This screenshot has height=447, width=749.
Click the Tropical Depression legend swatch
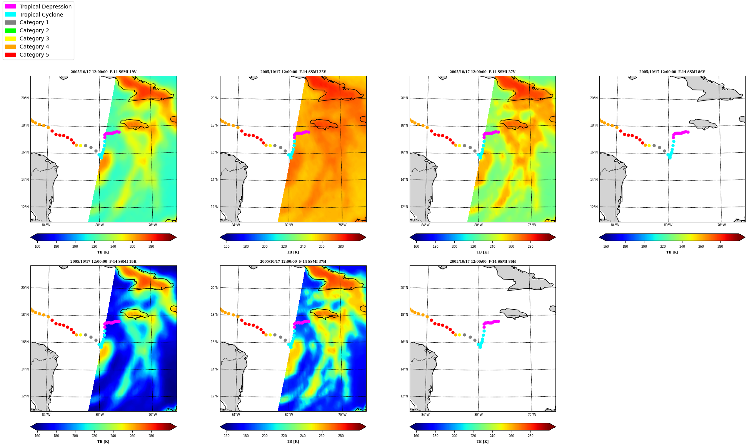pyautogui.click(x=10, y=7)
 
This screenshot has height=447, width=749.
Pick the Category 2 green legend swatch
pyautogui.click(x=10, y=30)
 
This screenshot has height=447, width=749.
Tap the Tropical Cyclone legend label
pyautogui.click(x=41, y=15)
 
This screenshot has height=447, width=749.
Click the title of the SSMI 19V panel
pyautogui.click(x=103, y=72)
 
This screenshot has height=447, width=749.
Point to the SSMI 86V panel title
pyautogui.click(x=672, y=72)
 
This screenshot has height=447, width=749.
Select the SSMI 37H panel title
pyautogui.click(x=293, y=262)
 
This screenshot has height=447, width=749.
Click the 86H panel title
pyautogui.click(x=482, y=262)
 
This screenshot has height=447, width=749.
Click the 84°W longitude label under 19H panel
pyautogui.click(x=46, y=415)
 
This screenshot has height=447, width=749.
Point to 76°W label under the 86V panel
pyautogui.click(x=721, y=225)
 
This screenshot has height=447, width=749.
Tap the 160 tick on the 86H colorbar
pyautogui.click(x=416, y=436)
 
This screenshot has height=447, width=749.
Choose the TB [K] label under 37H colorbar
pyautogui.click(x=293, y=442)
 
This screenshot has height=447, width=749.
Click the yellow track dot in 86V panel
pyautogui.click(x=649, y=145)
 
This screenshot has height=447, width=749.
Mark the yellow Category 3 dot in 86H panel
pyautogui.click(x=459, y=335)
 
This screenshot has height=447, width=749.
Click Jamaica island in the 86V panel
pyautogui.click(x=703, y=124)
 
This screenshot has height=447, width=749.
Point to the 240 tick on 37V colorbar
pyautogui.click(x=492, y=247)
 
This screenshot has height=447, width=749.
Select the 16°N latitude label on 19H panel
pyautogui.click(x=25, y=342)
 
